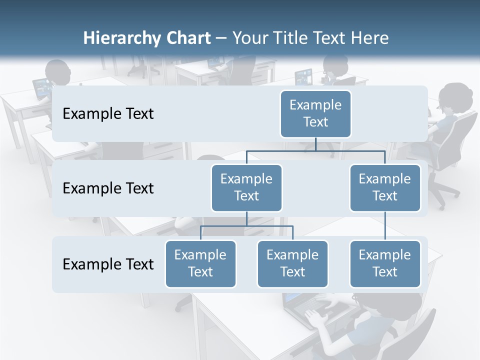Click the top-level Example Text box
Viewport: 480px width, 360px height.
coord(315,113)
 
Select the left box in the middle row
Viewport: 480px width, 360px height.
coord(246,187)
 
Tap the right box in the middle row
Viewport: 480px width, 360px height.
coord(385,187)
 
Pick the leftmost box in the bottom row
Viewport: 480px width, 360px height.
coord(200,263)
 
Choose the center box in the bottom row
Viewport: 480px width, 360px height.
coord(292,263)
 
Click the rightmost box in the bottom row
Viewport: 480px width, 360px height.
coord(385,263)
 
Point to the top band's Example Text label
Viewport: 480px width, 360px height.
coord(108,114)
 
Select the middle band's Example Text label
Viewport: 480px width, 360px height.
coord(108,188)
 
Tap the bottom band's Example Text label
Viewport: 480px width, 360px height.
coord(108,264)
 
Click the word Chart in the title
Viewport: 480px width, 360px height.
coord(189,38)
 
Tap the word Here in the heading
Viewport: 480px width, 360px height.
coord(370,38)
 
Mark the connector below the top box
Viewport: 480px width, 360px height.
coord(315,144)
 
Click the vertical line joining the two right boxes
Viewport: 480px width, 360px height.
coord(385,226)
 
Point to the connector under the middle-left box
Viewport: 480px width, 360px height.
coord(246,219)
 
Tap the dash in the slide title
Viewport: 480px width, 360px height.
coord(221,38)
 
